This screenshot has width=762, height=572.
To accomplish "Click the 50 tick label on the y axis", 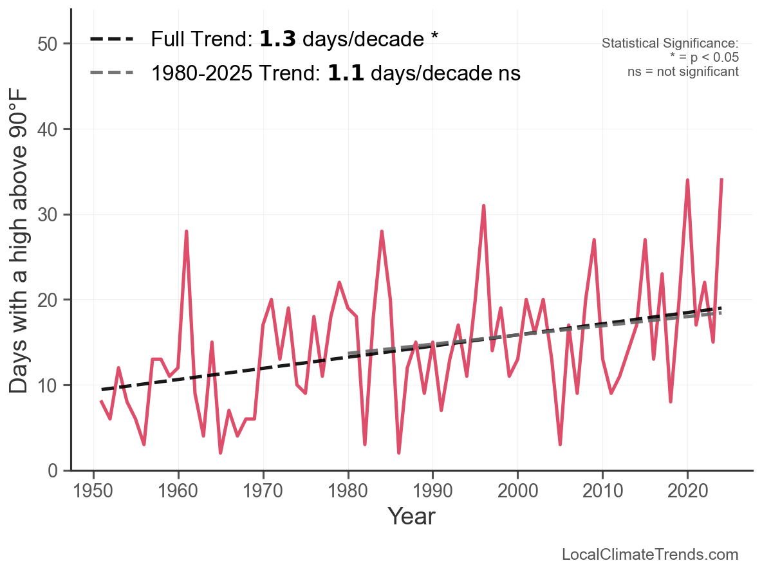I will point(50,44).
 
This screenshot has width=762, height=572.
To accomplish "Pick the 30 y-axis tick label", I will point(50,215).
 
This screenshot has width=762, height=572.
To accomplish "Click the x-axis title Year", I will point(411,517).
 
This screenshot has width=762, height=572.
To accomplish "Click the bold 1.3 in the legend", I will point(277,39).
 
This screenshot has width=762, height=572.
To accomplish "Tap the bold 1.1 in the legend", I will point(346,73).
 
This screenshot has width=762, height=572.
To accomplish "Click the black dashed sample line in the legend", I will point(111,39).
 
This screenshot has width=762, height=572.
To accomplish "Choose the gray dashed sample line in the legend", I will point(111,73).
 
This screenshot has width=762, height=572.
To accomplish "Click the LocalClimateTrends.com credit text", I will point(650,554).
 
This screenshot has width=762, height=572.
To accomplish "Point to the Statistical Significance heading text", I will point(670,43).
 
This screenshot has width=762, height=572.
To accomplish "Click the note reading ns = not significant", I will point(683,71).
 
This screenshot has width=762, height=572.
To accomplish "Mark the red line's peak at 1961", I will point(187,232).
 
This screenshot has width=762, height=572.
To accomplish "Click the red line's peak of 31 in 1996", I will point(483,207).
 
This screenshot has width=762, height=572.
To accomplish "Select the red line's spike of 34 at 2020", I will point(687,181).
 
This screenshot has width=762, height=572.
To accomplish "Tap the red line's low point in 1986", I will point(399,453).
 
